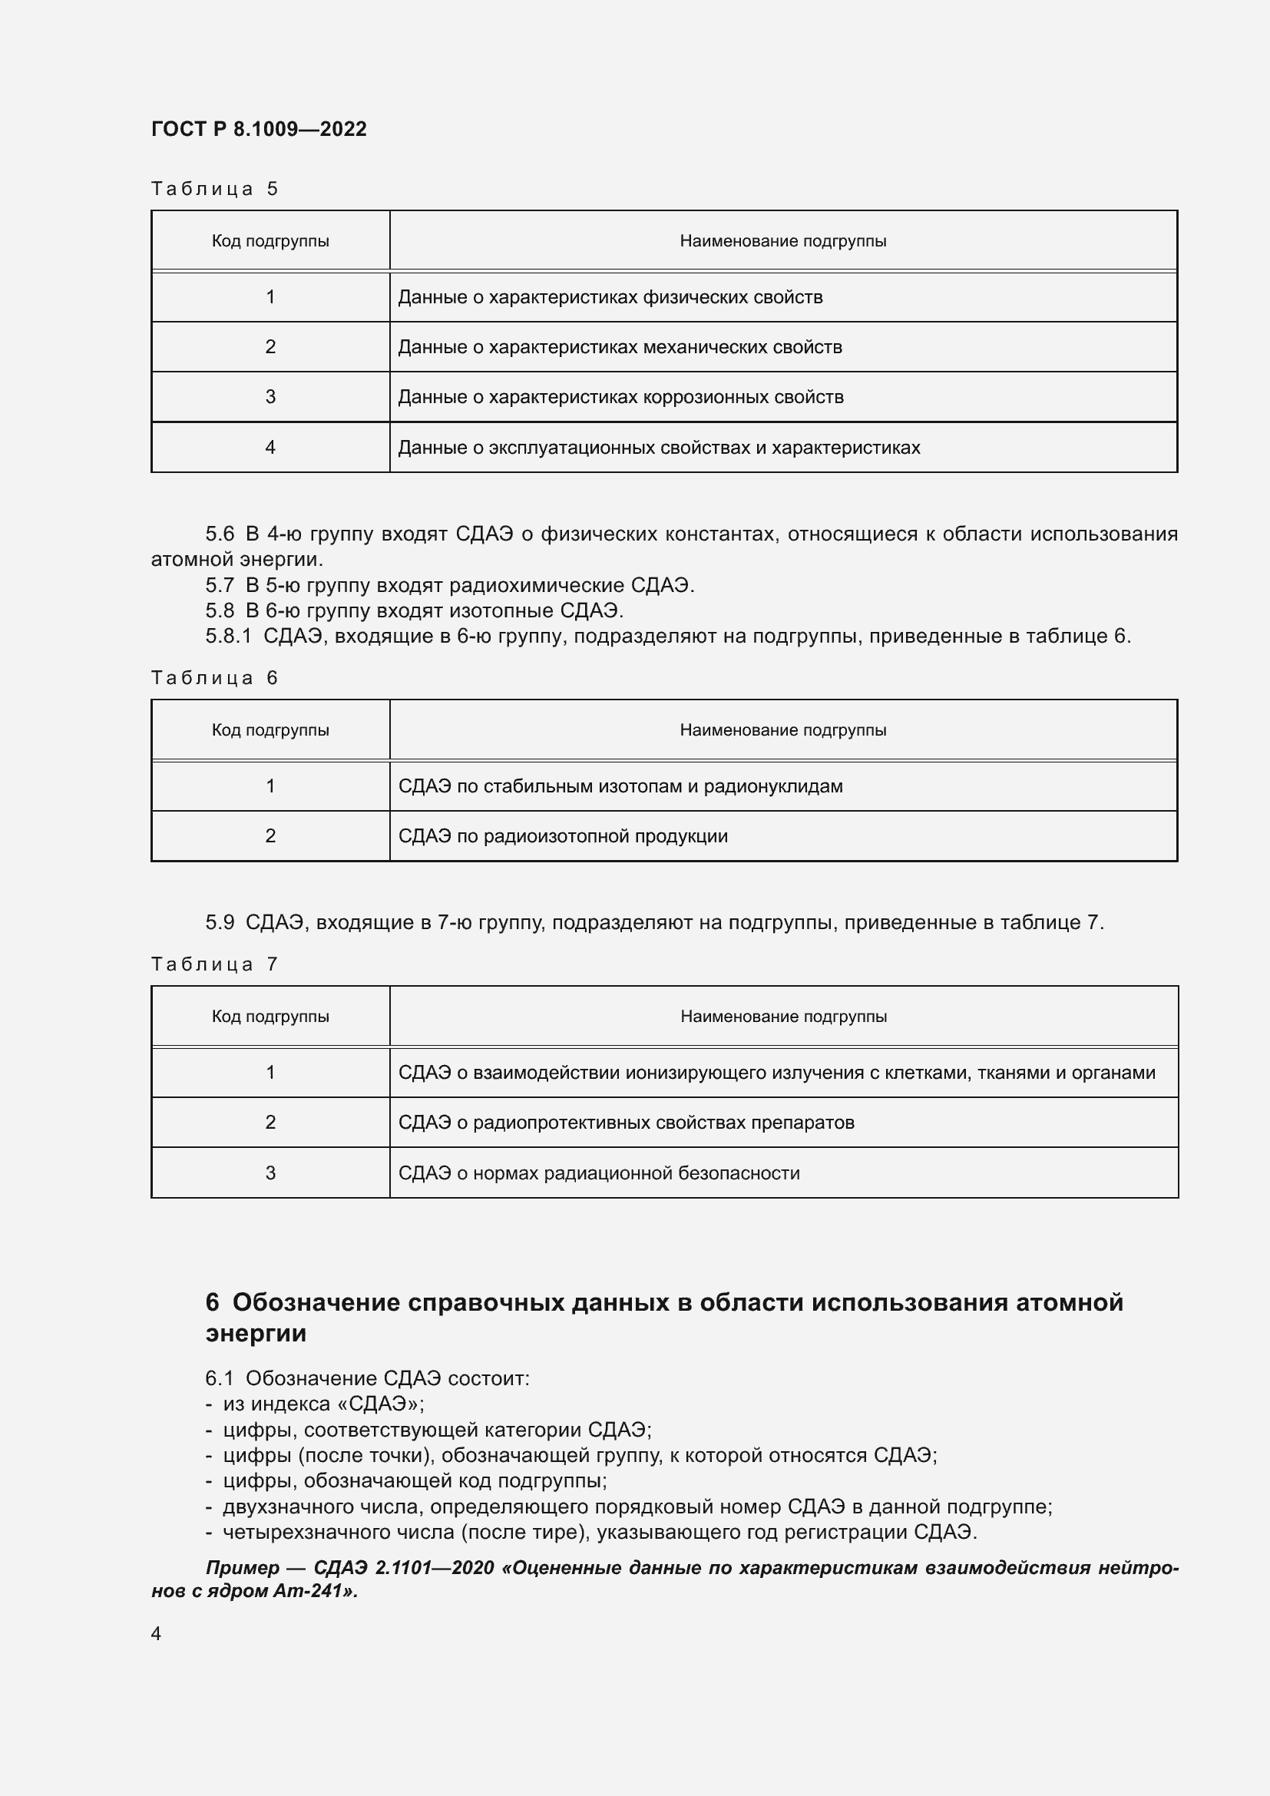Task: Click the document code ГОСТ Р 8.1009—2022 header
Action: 259,129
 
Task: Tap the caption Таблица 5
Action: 214,189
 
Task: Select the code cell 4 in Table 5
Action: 270,448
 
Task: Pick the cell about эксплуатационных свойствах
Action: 659,448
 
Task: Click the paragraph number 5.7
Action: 220,585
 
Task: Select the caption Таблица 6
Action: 214,677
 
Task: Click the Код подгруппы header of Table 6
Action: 270,729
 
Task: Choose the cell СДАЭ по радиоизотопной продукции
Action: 563,836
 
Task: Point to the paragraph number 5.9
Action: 220,922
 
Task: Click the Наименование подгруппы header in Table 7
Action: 784,1016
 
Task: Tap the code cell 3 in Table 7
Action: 270,1173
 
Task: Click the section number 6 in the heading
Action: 212,1302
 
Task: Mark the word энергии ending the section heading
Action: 256,1333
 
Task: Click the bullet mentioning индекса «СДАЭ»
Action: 322,1404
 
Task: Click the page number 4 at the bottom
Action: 157,1633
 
